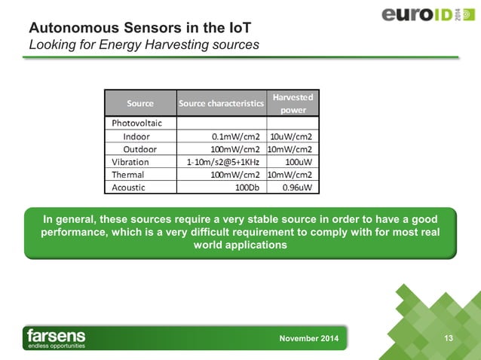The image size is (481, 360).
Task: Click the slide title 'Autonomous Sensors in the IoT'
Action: click(139, 28)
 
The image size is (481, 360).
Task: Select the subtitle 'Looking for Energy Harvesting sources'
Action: click(143, 45)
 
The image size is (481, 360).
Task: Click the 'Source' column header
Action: click(140, 103)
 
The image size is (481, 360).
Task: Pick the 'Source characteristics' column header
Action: click(221, 103)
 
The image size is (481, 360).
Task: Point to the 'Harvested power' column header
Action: click(294, 103)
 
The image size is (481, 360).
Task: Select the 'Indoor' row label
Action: click(136, 136)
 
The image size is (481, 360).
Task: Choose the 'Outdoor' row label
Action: click(140, 149)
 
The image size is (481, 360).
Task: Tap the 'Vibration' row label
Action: click(130, 162)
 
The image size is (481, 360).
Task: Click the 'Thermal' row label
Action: click(129, 174)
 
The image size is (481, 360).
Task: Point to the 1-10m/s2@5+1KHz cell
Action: click(223, 162)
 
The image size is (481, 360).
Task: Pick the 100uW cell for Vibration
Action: click(299, 162)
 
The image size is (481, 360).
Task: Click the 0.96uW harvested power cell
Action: click(297, 187)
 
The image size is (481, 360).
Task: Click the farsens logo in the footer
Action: click(57, 338)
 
